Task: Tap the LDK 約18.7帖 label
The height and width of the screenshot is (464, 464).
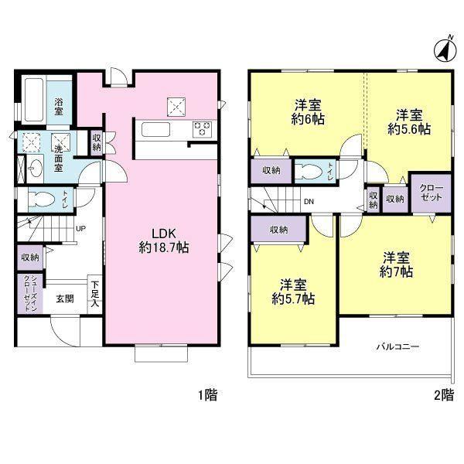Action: pyautogui.click(x=164, y=241)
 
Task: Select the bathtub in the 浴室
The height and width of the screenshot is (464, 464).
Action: pyautogui.click(x=34, y=100)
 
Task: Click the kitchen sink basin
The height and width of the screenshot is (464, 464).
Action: pyautogui.click(x=155, y=130)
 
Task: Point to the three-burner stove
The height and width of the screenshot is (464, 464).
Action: pyautogui.click(x=203, y=129)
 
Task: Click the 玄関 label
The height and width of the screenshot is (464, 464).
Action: pyautogui.click(x=65, y=299)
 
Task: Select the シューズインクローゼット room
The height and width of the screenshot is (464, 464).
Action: pyautogui.click(x=30, y=293)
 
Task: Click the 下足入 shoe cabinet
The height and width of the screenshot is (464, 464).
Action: pyautogui.click(x=95, y=294)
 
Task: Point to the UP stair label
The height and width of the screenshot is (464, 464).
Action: pyautogui.click(x=81, y=228)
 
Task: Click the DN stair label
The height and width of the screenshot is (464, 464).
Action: pyautogui.click(x=309, y=202)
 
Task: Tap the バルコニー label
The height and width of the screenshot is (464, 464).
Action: pyautogui.click(x=397, y=346)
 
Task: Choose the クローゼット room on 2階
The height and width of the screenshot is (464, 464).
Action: pyautogui.click(x=432, y=193)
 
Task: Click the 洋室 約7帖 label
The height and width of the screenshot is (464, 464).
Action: pyautogui.click(x=396, y=264)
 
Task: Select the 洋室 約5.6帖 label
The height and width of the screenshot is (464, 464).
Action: pyautogui.click(x=409, y=121)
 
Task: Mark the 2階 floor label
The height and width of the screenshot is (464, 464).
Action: pyautogui.click(x=444, y=394)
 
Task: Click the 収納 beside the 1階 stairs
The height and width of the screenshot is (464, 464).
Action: pyautogui.click(x=30, y=258)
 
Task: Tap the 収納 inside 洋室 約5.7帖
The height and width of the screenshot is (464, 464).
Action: pyautogui.click(x=278, y=230)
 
